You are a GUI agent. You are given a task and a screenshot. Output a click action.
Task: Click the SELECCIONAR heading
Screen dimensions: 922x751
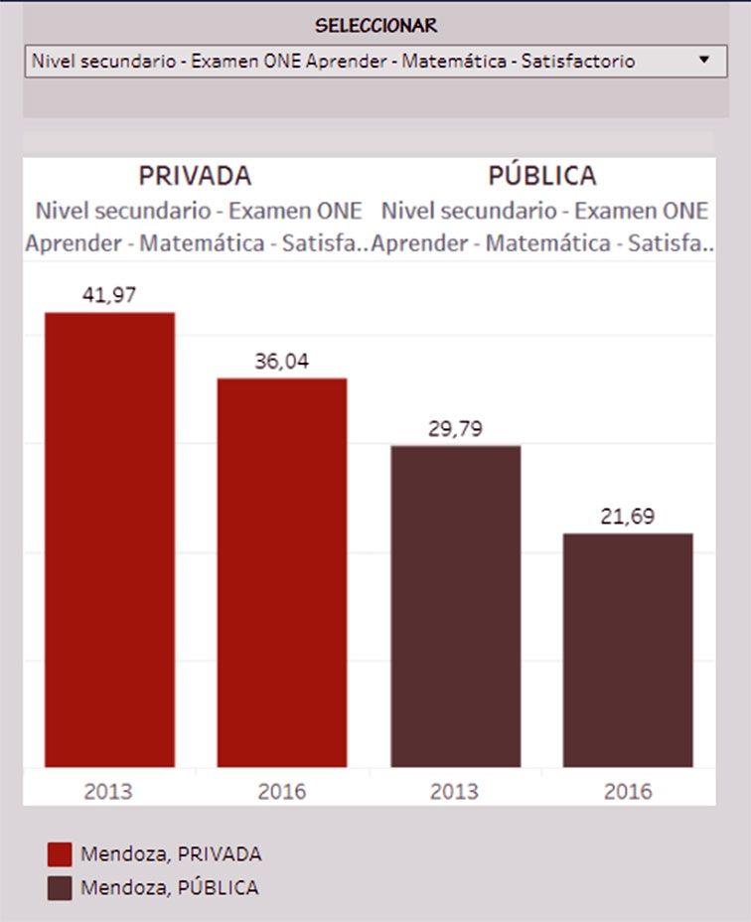[x=375, y=26]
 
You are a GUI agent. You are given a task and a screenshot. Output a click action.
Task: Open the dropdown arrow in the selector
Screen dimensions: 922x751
[x=704, y=60]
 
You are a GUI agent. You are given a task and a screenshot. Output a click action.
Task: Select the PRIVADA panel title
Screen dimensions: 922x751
[x=195, y=176]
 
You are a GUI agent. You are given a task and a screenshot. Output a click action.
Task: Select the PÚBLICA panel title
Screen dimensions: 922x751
[x=542, y=176]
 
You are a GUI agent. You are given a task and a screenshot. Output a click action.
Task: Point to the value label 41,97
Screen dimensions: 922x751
[x=109, y=294]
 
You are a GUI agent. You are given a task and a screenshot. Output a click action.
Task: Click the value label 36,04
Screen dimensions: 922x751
[x=282, y=361]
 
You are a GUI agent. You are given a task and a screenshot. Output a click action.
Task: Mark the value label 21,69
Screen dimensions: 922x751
[x=628, y=517]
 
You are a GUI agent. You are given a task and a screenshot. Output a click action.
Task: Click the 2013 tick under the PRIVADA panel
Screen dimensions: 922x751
[x=109, y=792]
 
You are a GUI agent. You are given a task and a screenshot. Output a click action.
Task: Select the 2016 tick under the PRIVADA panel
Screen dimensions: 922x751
[x=282, y=792]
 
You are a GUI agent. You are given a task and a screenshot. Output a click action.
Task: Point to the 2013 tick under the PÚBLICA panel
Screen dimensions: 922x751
[x=455, y=792]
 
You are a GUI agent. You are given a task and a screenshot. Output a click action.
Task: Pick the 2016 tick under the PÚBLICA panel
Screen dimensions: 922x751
[x=628, y=792]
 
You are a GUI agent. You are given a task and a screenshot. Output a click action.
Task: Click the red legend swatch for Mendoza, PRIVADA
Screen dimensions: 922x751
[x=60, y=854]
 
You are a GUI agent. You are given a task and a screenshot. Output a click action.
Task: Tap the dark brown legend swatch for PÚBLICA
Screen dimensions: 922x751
[x=60, y=887]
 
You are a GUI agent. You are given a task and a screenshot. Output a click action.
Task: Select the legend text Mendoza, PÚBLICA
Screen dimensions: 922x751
[x=170, y=887]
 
